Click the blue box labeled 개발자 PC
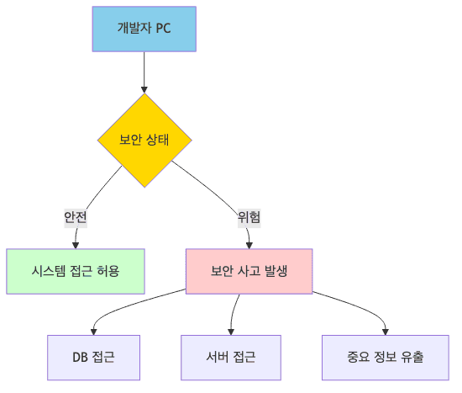(x=144, y=29)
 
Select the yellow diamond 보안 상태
(x=144, y=140)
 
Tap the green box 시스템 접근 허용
(x=75, y=271)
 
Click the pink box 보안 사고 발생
(x=249, y=271)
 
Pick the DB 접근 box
(x=93, y=357)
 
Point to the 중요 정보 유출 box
(x=386, y=357)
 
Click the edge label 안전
(x=76, y=216)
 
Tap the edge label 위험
(x=249, y=216)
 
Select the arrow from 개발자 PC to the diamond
(x=144, y=72)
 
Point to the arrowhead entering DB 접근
(x=93, y=331)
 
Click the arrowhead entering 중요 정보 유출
(x=386, y=331)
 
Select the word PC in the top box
(x=163, y=29)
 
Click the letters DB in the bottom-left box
(x=81, y=357)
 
